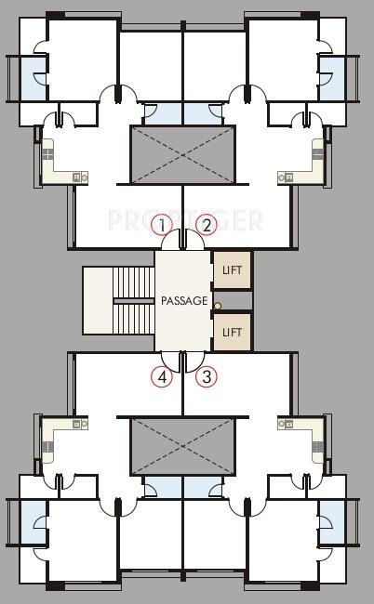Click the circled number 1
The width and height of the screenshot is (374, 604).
pos(162,224)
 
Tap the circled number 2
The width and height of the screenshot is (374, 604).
pos(207,224)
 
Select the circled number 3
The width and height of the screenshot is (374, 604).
pos(207,377)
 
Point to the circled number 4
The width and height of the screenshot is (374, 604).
pos(162,377)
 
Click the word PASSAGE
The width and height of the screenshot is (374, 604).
pos(184,301)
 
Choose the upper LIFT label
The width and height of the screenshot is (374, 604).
pos(232,270)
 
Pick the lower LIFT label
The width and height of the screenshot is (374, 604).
pos(232,332)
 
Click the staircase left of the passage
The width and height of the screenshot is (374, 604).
pos(118,300)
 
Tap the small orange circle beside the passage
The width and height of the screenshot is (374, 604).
pos(218,306)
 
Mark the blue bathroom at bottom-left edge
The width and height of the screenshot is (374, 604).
pos(34,523)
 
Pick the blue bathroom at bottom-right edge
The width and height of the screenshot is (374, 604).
pos(333,523)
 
